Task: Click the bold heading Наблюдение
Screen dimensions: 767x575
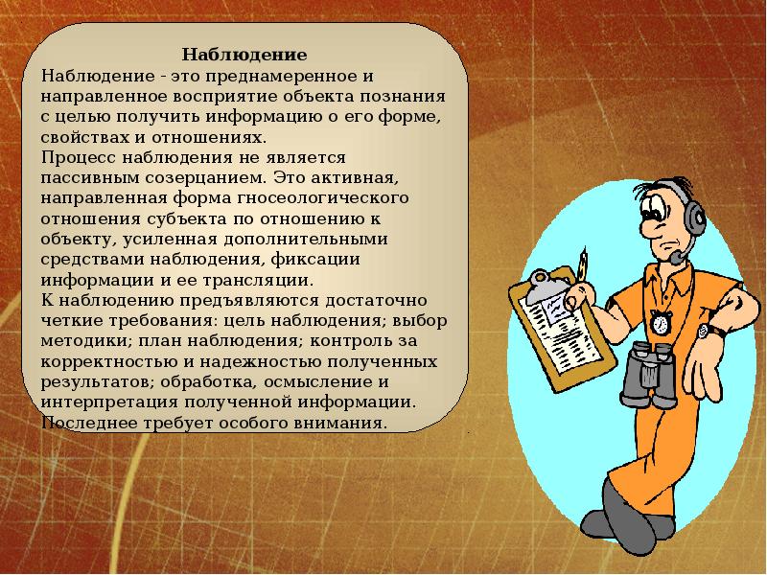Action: click(244, 55)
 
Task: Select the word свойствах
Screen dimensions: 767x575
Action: click(85, 137)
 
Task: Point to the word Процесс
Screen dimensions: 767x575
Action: click(79, 158)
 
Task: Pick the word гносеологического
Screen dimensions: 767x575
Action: click(323, 198)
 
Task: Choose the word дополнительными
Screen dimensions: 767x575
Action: click(306, 240)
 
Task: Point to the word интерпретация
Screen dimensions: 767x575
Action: click(110, 402)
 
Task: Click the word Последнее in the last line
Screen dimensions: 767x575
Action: click(89, 423)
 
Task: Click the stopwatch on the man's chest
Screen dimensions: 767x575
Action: click(661, 322)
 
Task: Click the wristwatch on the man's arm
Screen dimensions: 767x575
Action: click(706, 331)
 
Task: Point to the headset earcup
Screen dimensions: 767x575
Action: click(694, 218)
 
